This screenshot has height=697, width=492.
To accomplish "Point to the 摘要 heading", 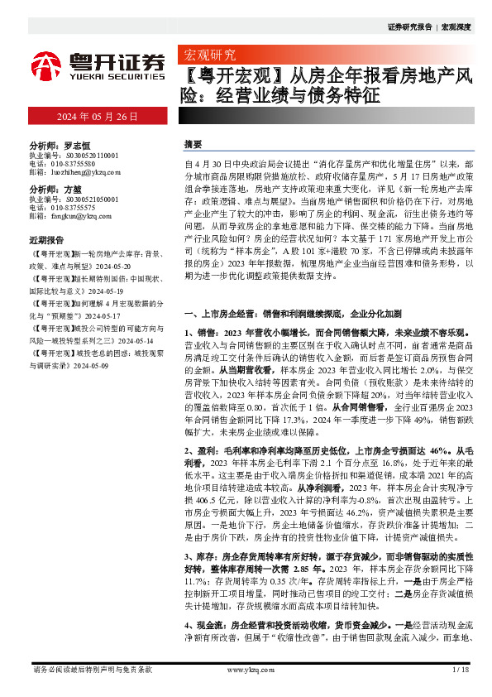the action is click(x=192, y=144).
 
